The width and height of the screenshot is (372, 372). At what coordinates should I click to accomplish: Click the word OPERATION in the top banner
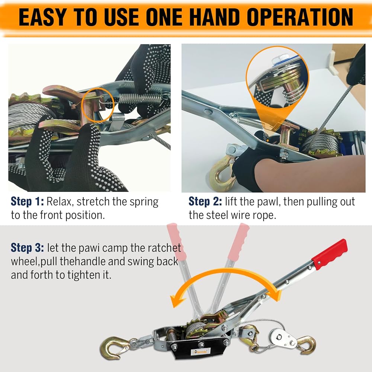tap(300, 17)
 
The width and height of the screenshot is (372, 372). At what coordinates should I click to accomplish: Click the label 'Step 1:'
tap(27, 201)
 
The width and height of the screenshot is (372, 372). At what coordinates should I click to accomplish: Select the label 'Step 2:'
tap(205, 201)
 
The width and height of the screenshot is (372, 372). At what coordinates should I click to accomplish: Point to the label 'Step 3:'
tap(27, 248)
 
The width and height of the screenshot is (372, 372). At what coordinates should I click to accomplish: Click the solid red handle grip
tap(330, 254)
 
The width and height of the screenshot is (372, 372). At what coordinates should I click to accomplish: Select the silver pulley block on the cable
tap(283, 338)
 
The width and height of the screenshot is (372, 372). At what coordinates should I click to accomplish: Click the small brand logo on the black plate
tap(201, 351)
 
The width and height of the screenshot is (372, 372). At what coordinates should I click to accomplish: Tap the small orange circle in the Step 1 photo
tap(98, 105)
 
